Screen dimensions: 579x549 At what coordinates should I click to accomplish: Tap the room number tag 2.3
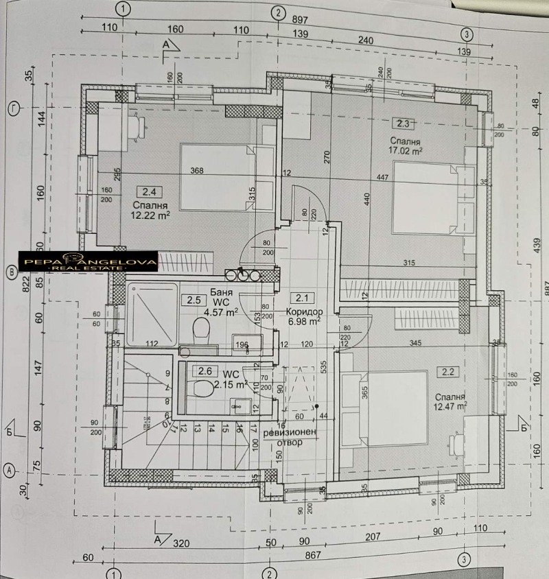click(402, 123)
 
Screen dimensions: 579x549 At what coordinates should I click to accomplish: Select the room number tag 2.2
click(449, 372)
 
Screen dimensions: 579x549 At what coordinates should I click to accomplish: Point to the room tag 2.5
click(193, 300)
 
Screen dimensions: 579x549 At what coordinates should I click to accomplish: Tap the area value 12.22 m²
click(149, 215)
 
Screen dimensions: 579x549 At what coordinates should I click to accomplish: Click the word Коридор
click(304, 310)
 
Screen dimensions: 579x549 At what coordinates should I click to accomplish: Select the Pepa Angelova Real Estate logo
click(88, 261)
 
